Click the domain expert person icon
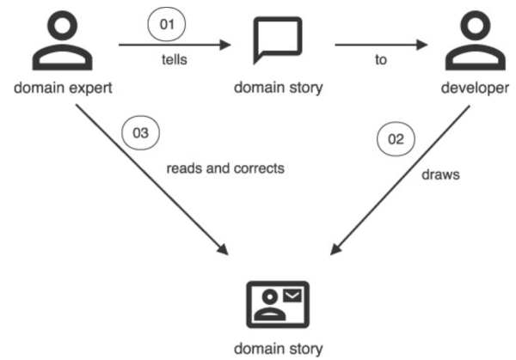pos(61,43)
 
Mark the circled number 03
pos(141,133)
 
